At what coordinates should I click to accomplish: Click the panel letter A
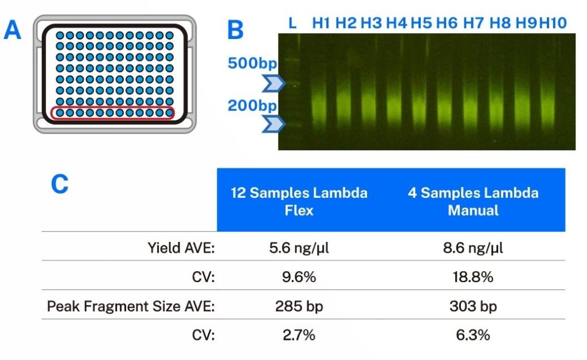13,30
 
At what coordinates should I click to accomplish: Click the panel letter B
236,30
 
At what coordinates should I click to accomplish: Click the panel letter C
60,184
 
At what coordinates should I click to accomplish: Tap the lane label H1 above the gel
321,23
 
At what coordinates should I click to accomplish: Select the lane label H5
421,23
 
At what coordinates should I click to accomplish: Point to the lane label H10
553,23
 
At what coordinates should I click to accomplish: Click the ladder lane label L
292,23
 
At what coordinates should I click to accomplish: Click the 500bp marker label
252,63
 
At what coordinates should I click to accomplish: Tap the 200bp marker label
252,105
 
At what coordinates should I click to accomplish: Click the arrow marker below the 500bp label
273,84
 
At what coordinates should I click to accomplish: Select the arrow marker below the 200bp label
273,124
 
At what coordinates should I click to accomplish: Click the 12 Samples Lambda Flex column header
299,201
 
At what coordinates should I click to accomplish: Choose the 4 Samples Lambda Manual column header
473,201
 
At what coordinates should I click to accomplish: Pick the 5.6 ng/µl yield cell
299,248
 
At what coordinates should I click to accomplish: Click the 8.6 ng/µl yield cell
473,248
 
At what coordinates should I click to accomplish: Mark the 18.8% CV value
473,277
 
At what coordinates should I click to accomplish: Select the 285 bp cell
299,307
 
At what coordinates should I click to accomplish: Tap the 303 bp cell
473,307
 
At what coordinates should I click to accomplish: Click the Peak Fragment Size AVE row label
131,307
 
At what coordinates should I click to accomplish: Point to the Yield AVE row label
181,248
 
